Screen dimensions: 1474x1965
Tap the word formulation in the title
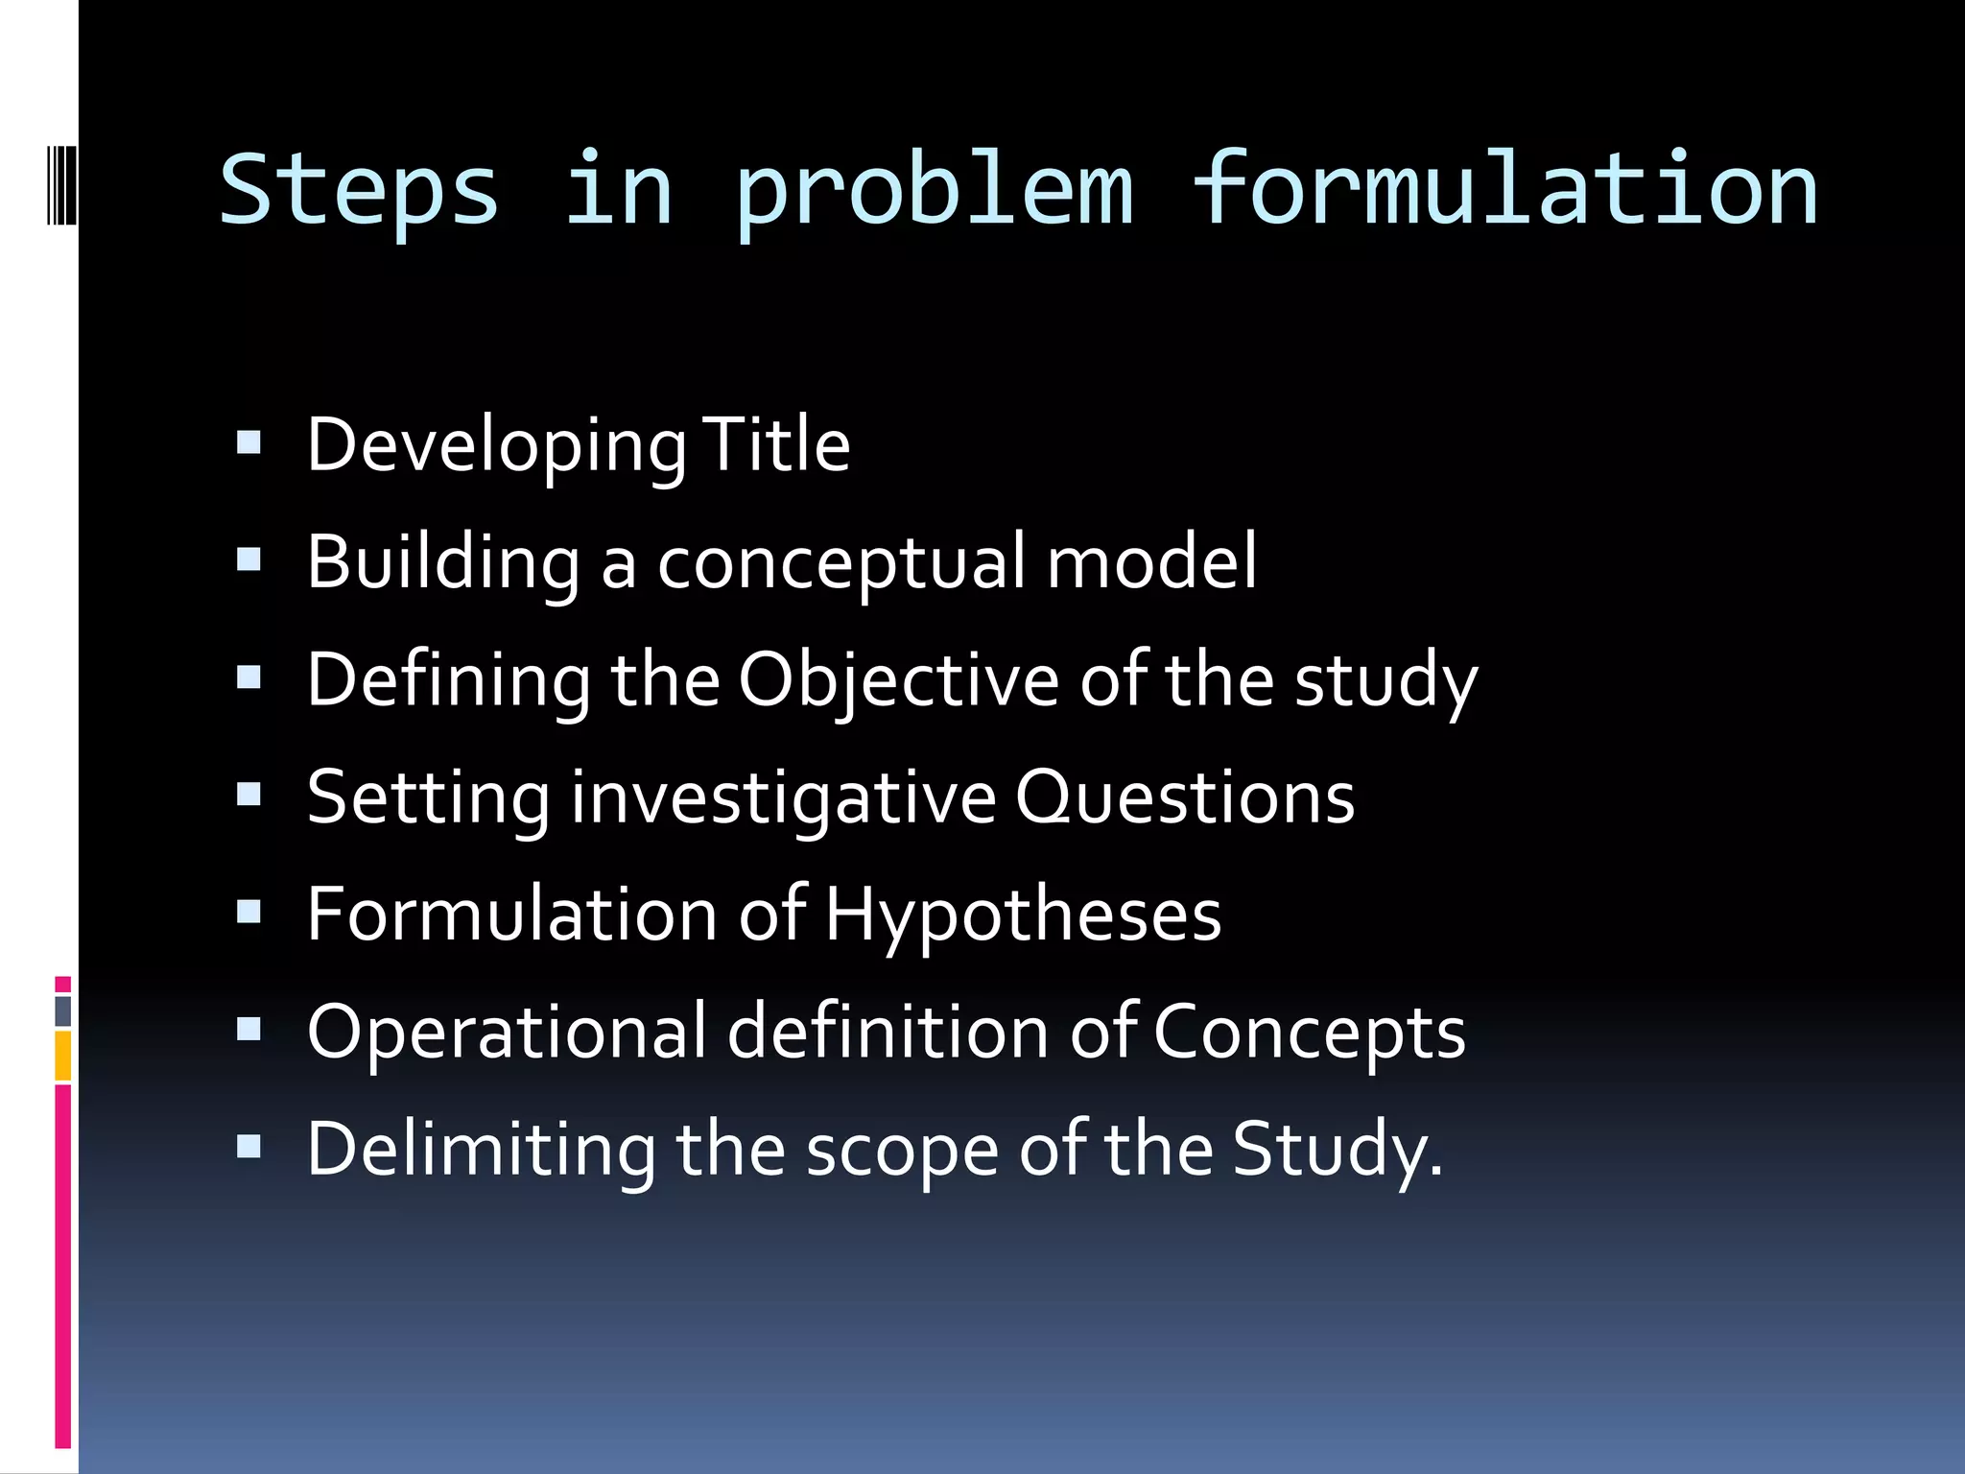[x=1504, y=190]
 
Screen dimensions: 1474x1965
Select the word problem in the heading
[x=935, y=190]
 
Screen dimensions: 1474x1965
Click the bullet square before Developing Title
[x=249, y=443]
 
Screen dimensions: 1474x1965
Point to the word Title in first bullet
[x=775, y=445]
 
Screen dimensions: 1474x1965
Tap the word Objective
[x=898, y=680]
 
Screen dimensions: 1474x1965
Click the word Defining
[x=448, y=680]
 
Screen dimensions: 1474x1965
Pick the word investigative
[x=784, y=798]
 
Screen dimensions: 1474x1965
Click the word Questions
[x=1185, y=798]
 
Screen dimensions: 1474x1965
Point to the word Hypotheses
[x=1023, y=915]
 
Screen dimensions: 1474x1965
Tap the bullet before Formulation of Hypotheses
[x=249, y=912]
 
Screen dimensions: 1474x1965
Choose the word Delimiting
[x=481, y=1150]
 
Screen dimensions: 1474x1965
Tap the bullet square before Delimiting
[x=249, y=1146]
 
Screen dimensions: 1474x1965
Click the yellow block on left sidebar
[x=63, y=1055]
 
